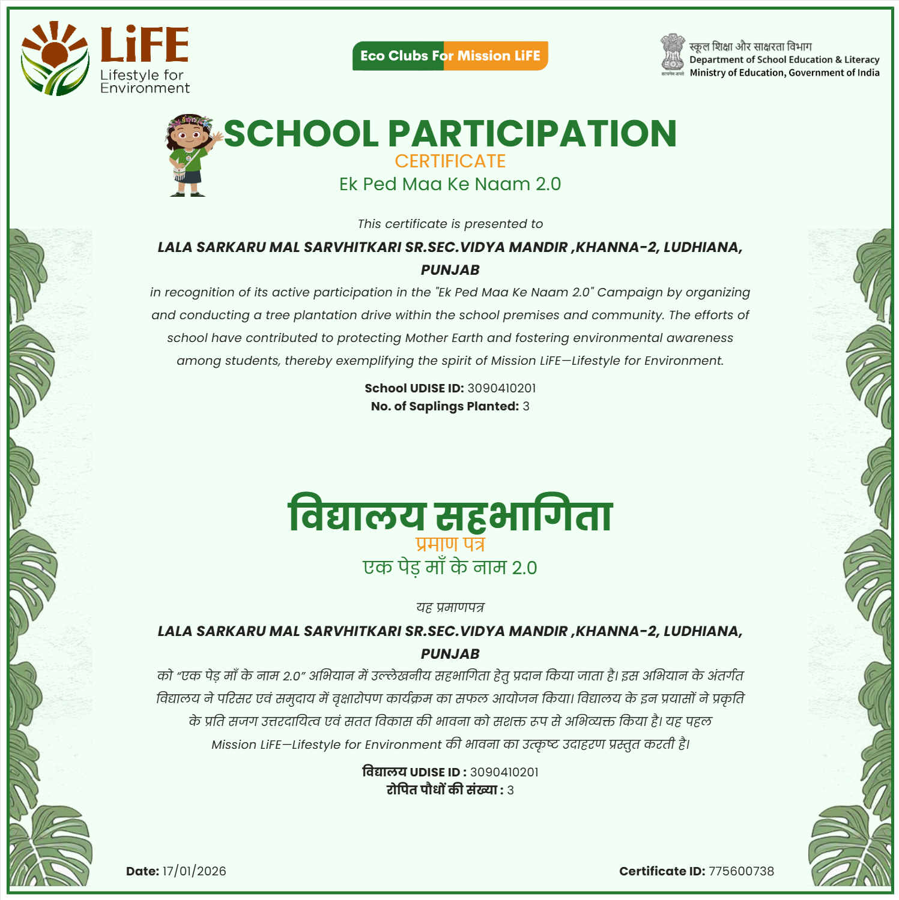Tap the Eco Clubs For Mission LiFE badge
click(x=450, y=56)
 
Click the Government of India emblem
click(x=673, y=53)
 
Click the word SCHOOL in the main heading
click(x=301, y=133)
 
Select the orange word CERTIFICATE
click(x=450, y=161)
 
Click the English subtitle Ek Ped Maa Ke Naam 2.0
click(x=450, y=184)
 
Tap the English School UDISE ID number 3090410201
click(x=501, y=388)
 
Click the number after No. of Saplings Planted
click(x=526, y=406)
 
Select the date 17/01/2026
click(x=194, y=871)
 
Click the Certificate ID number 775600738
click(x=741, y=871)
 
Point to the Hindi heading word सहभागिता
click(x=523, y=515)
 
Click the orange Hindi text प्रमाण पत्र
click(x=450, y=544)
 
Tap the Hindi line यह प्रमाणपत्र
click(x=450, y=607)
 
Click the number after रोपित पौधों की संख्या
click(x=510, y=790)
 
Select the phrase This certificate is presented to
click(x=450, y=224)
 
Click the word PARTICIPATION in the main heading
click(x=532, y=133)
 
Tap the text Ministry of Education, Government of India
click(x=784, y=73)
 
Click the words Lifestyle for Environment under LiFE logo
click(x=145, y=82)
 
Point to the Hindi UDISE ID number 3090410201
click(x=504, y=772)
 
